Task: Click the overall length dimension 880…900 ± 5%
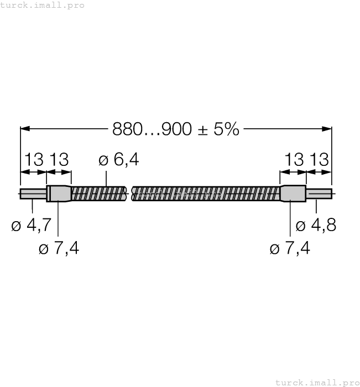(x=176, y=129)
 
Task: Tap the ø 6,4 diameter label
(x=118, y=160)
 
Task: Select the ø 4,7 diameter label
(x=32, y=226)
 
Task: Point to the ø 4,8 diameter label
(x=316, y=226)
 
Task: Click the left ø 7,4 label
(x=59, y=249)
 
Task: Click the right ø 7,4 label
(x=290, y=249)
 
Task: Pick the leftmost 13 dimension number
(x=33, y=160)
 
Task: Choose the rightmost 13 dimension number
(x=319, y=160)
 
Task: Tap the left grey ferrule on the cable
(x=59, y=193)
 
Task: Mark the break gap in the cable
(x=130, y=193)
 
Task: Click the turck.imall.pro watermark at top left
(x=43, y=5)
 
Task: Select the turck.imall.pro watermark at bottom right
(x=317, y=382)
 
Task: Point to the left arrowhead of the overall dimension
(x=24, y=129)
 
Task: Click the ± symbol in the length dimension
(x=202, y=130)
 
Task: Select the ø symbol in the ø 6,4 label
(x=103, y=160)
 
